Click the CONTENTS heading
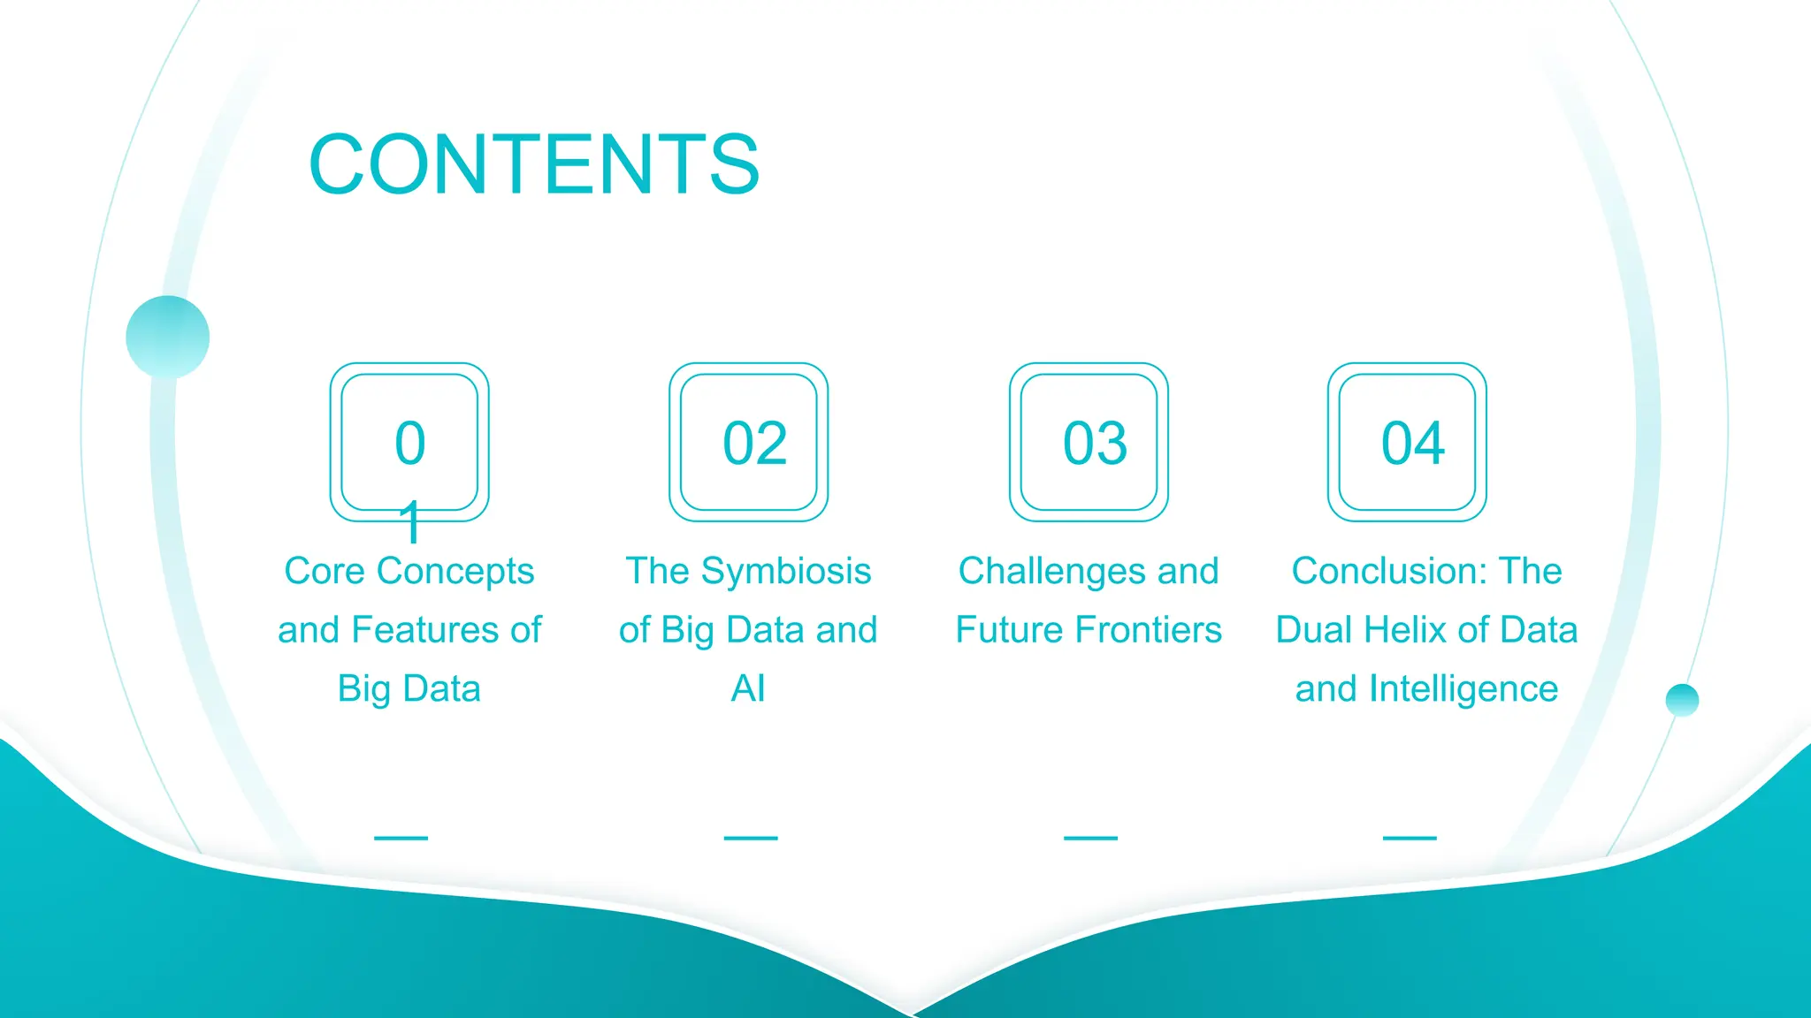coord(533,164)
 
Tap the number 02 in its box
coord(754,443)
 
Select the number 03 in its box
coord(1095,443)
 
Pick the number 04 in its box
coord(1413,443)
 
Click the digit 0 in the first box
coord(409,443)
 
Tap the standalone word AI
coord(748,688)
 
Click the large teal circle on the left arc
coord(168,337)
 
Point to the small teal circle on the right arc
coord(1682,700)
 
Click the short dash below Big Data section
coord(401,838)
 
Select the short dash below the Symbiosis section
coord(751,838)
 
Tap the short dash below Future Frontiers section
coord(1090,838)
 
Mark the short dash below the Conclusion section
coord(1410,838)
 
